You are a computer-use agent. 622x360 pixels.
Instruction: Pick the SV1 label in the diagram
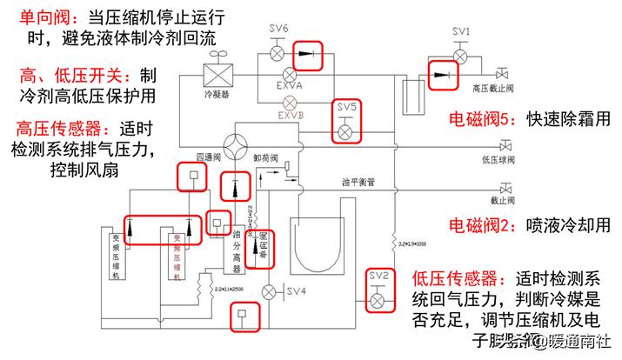coord(462,32)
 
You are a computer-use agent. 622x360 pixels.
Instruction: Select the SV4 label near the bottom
coord(297,290)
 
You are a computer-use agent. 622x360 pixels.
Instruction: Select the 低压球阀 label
coord(492,160)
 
